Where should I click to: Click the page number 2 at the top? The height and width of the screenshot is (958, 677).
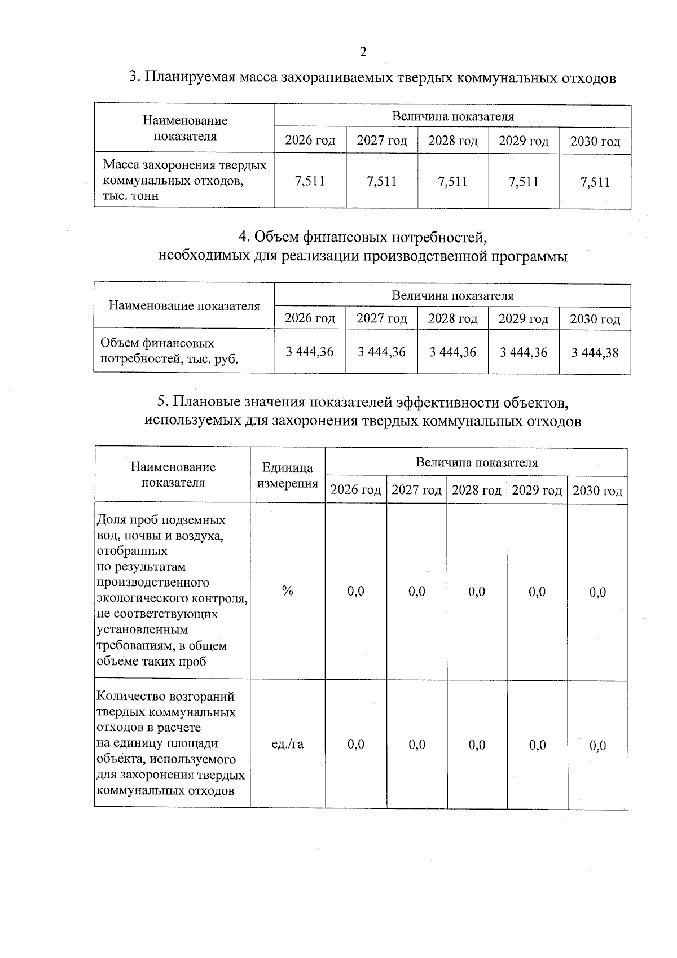[x=363, y=52]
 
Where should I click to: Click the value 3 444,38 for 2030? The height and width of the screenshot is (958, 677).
[x=595, y=353]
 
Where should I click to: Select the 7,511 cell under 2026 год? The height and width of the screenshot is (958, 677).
[x=310, y=181]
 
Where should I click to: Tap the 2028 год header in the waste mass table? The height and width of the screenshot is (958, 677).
[x=452, y=141]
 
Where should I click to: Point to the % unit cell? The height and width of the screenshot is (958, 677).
[x=288, y=591]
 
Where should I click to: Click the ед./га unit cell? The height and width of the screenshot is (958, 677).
[x=288, y=744]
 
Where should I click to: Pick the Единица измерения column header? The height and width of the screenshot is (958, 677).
[x=288, y=475]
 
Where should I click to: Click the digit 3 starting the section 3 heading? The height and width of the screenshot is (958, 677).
[x=134, y=77]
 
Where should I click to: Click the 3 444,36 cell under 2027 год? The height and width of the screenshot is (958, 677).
[x=381, y=352]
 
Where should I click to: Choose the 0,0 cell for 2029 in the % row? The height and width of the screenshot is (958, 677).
[x=537, y=592]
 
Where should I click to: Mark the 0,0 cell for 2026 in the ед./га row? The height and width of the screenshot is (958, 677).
[x=355, y=745]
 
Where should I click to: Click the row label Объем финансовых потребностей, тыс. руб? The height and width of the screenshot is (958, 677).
[x=169, y=351]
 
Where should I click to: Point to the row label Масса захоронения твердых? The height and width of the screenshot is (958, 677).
[x=184, y=165]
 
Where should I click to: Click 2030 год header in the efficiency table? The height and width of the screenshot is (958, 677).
[x=597, y=491]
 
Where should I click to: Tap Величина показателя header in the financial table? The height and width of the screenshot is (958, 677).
[x=452, y=296]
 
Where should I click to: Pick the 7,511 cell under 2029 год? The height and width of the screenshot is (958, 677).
[x=524, y=182]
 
